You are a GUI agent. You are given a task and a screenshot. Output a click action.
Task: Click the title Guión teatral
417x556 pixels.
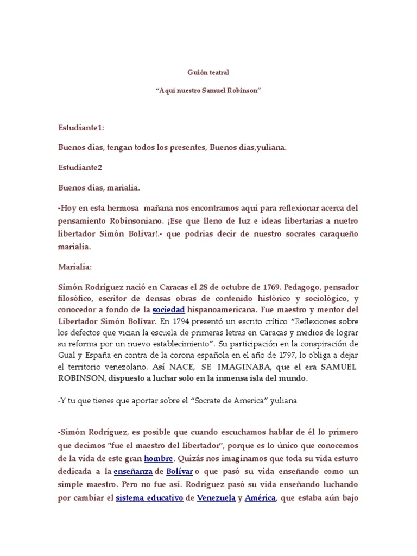(208, 71)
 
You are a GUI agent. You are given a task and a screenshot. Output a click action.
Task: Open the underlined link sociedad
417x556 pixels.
(169, 309)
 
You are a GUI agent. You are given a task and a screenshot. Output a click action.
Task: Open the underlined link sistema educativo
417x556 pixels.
(149, 497)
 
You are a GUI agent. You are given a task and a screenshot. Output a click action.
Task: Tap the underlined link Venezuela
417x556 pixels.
(216, 497)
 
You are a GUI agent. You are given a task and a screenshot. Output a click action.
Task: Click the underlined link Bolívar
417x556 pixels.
(179, 471)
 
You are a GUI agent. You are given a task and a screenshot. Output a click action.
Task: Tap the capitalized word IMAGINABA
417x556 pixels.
(241, 367)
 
